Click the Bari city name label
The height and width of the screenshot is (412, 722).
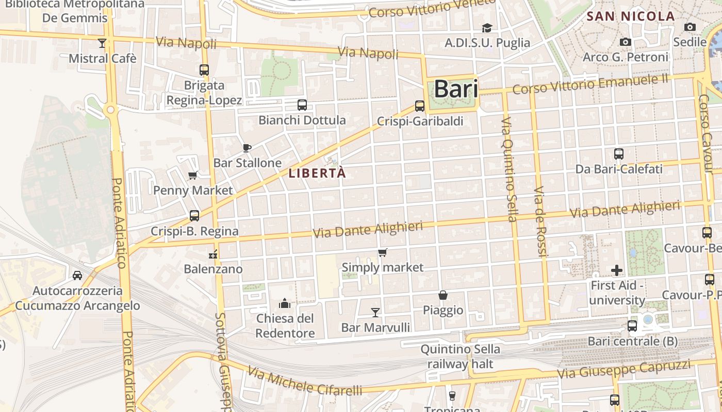[x=456, y=89]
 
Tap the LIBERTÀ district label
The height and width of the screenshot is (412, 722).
[x=317, y=174]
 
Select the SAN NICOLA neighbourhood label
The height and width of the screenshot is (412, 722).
[x=631, y=16]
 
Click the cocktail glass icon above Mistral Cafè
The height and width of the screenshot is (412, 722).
[x=102, y=43]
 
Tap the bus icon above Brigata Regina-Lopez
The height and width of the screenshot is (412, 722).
[x=204, y=70]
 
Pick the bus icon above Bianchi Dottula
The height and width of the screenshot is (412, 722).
[x=302, y=105]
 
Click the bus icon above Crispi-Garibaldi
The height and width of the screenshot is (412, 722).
[x=420, y=106]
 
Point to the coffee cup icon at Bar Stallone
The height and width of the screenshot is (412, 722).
[x=247, y=148]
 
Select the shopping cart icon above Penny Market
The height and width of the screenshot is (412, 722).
[x=193, y=175]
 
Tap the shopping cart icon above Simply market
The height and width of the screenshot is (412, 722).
[x=382, y=252]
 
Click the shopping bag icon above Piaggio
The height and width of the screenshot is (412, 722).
[x=443, y=295]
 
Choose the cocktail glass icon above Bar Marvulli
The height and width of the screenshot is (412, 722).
[x=375, y=312]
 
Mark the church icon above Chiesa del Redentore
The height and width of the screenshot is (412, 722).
[x=285, y=303]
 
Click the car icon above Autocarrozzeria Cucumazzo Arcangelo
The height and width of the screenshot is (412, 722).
[x=77, y=276]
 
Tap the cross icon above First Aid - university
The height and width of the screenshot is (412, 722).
[x=617, y=270]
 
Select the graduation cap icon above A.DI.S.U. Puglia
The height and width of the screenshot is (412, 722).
[x=487, y=28]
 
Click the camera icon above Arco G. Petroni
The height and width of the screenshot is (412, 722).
[x=626, y=42]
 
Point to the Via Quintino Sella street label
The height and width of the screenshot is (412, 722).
[x=508, y=170]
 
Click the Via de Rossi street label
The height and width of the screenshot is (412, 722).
[x=539, y=221]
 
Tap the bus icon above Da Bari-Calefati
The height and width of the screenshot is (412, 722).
[x=619, y=153]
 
